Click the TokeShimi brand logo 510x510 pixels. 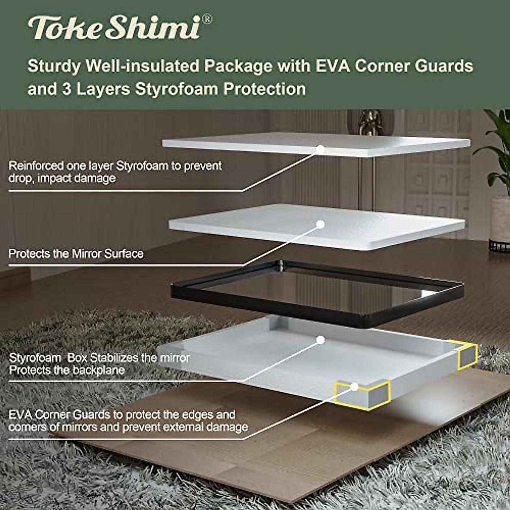pos(113,28)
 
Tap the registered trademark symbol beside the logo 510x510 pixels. pos(207,19)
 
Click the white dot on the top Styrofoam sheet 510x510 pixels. pos(321,149)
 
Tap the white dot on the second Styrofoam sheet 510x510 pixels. pos(321,224)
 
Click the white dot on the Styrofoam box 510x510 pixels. pos(321,340)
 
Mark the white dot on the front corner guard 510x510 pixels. pos(354,386)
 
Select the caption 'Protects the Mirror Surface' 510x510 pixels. pos(76,254)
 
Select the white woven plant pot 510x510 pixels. pos(499,221)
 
